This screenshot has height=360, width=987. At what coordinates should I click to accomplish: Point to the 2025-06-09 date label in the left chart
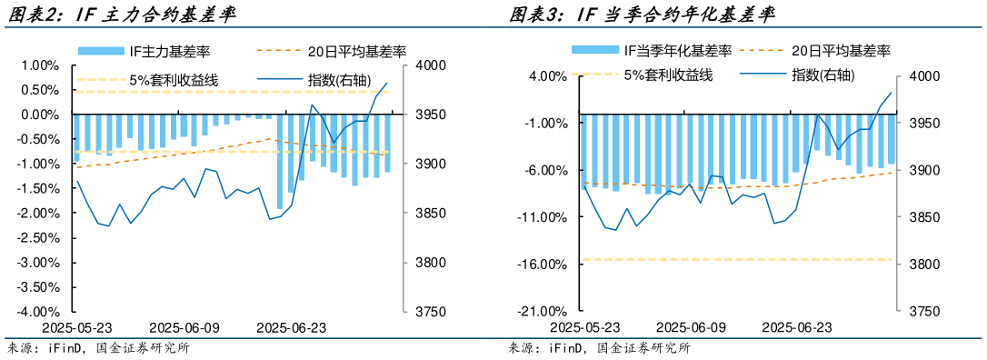click(184, 326)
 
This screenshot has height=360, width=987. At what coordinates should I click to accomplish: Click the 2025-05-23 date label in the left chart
click(78, 326)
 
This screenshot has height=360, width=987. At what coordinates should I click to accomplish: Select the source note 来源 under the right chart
click(599, 347)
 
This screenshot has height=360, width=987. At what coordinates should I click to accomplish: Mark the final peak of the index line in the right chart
click(891, 92)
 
